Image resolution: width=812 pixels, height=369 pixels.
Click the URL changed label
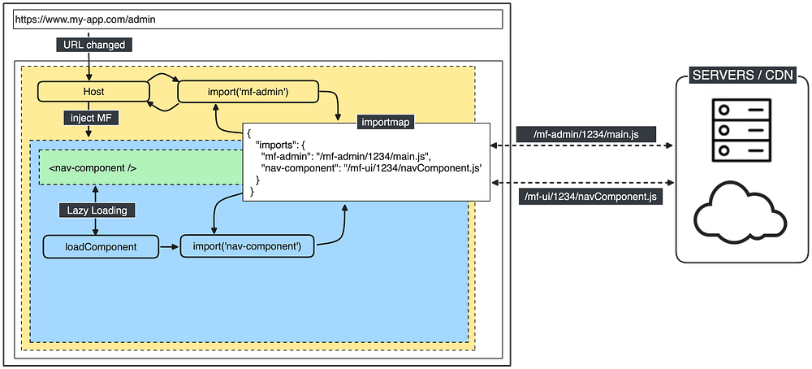coord(93,45)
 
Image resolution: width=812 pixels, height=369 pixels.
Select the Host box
coord(93,92)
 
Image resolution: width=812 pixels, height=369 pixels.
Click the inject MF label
coord(93,119)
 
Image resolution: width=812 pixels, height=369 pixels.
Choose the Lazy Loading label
coord(97,210)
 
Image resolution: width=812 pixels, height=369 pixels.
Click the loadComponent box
coord(101,246)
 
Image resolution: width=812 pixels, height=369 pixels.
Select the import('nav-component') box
coord(247,246)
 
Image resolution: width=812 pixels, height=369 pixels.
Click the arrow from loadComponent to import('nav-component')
coord(169,246)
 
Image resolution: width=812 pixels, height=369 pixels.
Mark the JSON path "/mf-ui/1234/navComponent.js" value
coord(415,167)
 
